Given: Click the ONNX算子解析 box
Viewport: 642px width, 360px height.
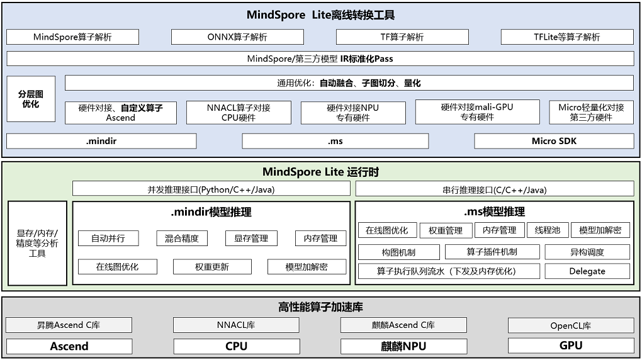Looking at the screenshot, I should (x=237, y=37).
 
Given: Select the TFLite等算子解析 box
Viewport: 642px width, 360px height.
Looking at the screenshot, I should (x=566, y=37).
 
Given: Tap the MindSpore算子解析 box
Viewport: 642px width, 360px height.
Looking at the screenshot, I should (x=72, y=37).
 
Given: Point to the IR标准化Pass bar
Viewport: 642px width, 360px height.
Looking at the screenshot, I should (x=320, y=59).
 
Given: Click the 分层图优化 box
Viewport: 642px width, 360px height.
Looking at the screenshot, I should (x=31, y=99).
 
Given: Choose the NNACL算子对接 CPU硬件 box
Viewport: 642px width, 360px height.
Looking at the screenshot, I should (x=239, y=113).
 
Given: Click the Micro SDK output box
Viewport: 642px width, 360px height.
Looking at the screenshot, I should (x=553, y=141).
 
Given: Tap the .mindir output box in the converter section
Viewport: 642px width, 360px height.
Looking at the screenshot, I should (x=101, y=141).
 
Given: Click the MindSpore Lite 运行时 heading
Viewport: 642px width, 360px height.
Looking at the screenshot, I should (x=320, y=172).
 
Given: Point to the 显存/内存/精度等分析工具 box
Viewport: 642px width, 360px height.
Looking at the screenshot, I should (x=37, y=243).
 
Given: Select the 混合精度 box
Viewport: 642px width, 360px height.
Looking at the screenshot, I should (x=181, y=239).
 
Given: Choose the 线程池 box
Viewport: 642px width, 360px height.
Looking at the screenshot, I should (x=547, y=230).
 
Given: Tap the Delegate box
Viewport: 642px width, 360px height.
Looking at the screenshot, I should (x=587, y=271).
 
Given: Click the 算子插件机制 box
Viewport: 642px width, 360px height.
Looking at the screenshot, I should (x=492, y=252).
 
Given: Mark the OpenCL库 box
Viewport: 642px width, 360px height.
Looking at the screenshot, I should (x=570, y=325).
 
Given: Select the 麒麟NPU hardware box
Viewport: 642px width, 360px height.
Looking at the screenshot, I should (x=403, y=346).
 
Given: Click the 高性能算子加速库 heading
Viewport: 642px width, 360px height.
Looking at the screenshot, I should (x=320, y=307).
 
